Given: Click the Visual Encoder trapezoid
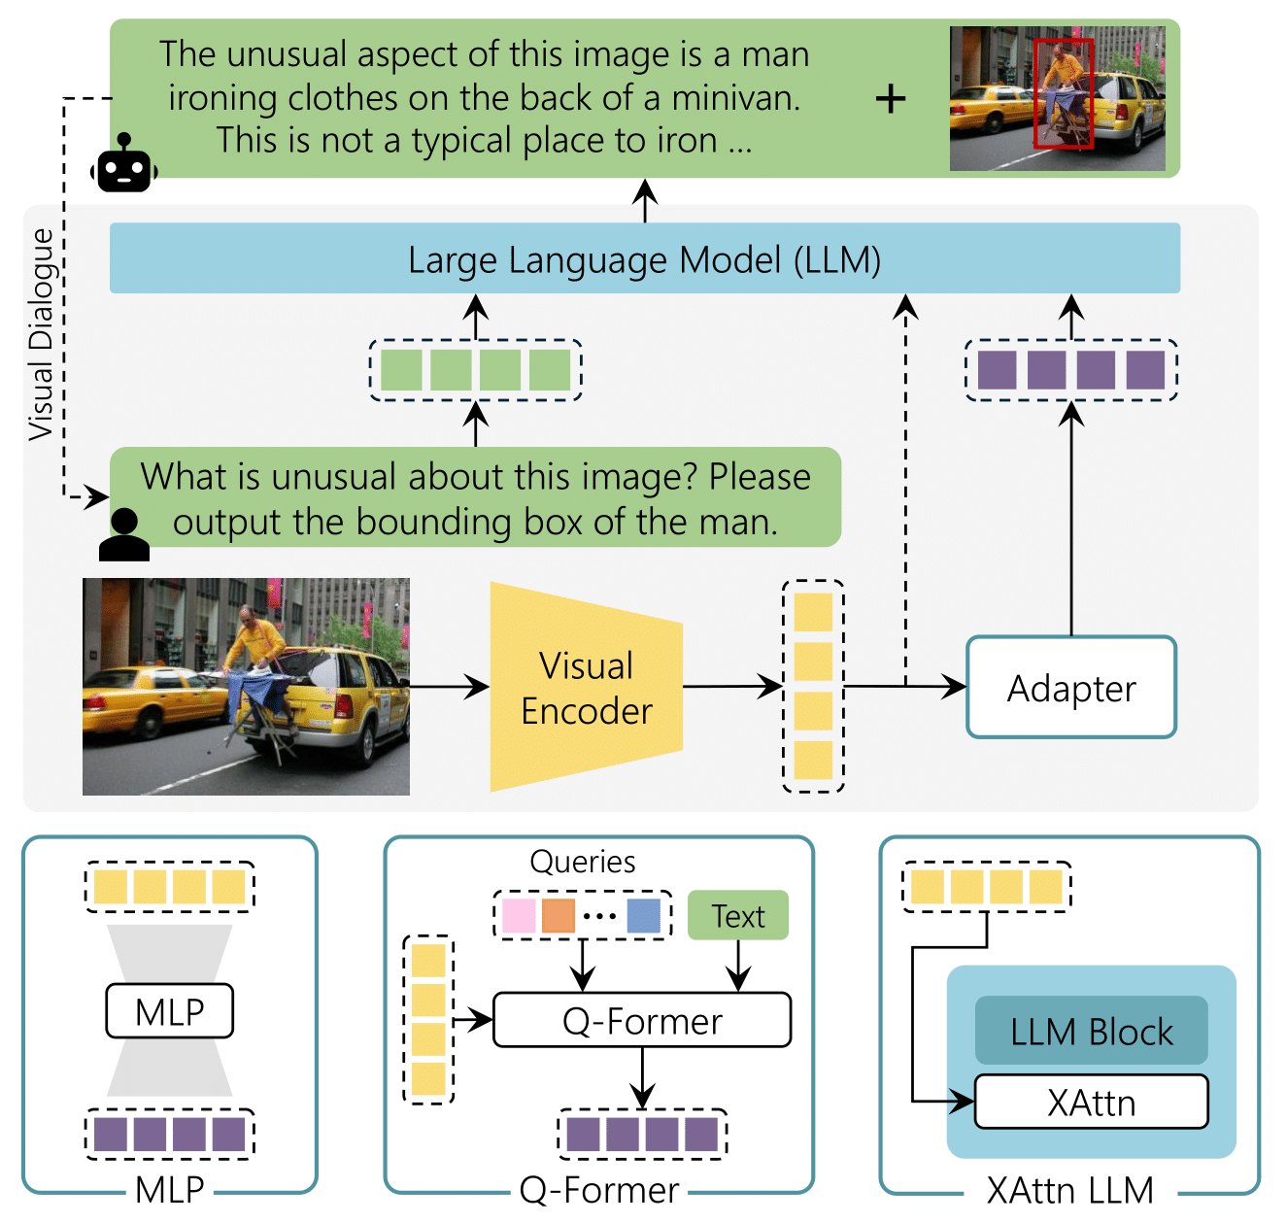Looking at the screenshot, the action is tap(586, 686).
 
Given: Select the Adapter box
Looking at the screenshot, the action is tap(1071, 687).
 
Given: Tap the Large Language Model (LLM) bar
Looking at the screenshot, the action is tap(644, 258).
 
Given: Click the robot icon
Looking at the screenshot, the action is tap(123, 163).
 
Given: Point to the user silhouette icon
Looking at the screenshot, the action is tap(123, 534).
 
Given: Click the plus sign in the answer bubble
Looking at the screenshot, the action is tap(891, 99).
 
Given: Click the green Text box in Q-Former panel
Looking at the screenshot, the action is tap(738, 915).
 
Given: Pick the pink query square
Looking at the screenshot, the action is tap(519, 915).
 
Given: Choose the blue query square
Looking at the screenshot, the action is tap(643, 915).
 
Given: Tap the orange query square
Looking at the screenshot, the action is tap(558, 915).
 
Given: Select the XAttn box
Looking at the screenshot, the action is tap(1091, 1102).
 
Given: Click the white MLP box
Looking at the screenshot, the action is tap(170, 1011).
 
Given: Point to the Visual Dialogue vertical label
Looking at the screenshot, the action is tap(41, 334).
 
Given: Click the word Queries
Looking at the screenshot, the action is tap(582, 862).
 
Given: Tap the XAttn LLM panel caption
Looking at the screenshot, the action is tap(1069, 1190).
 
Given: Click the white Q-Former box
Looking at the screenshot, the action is tap(641, 1020).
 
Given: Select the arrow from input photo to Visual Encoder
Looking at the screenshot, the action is tap(450, 686).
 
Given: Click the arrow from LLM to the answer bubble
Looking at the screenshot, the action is tap(645, 200).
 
